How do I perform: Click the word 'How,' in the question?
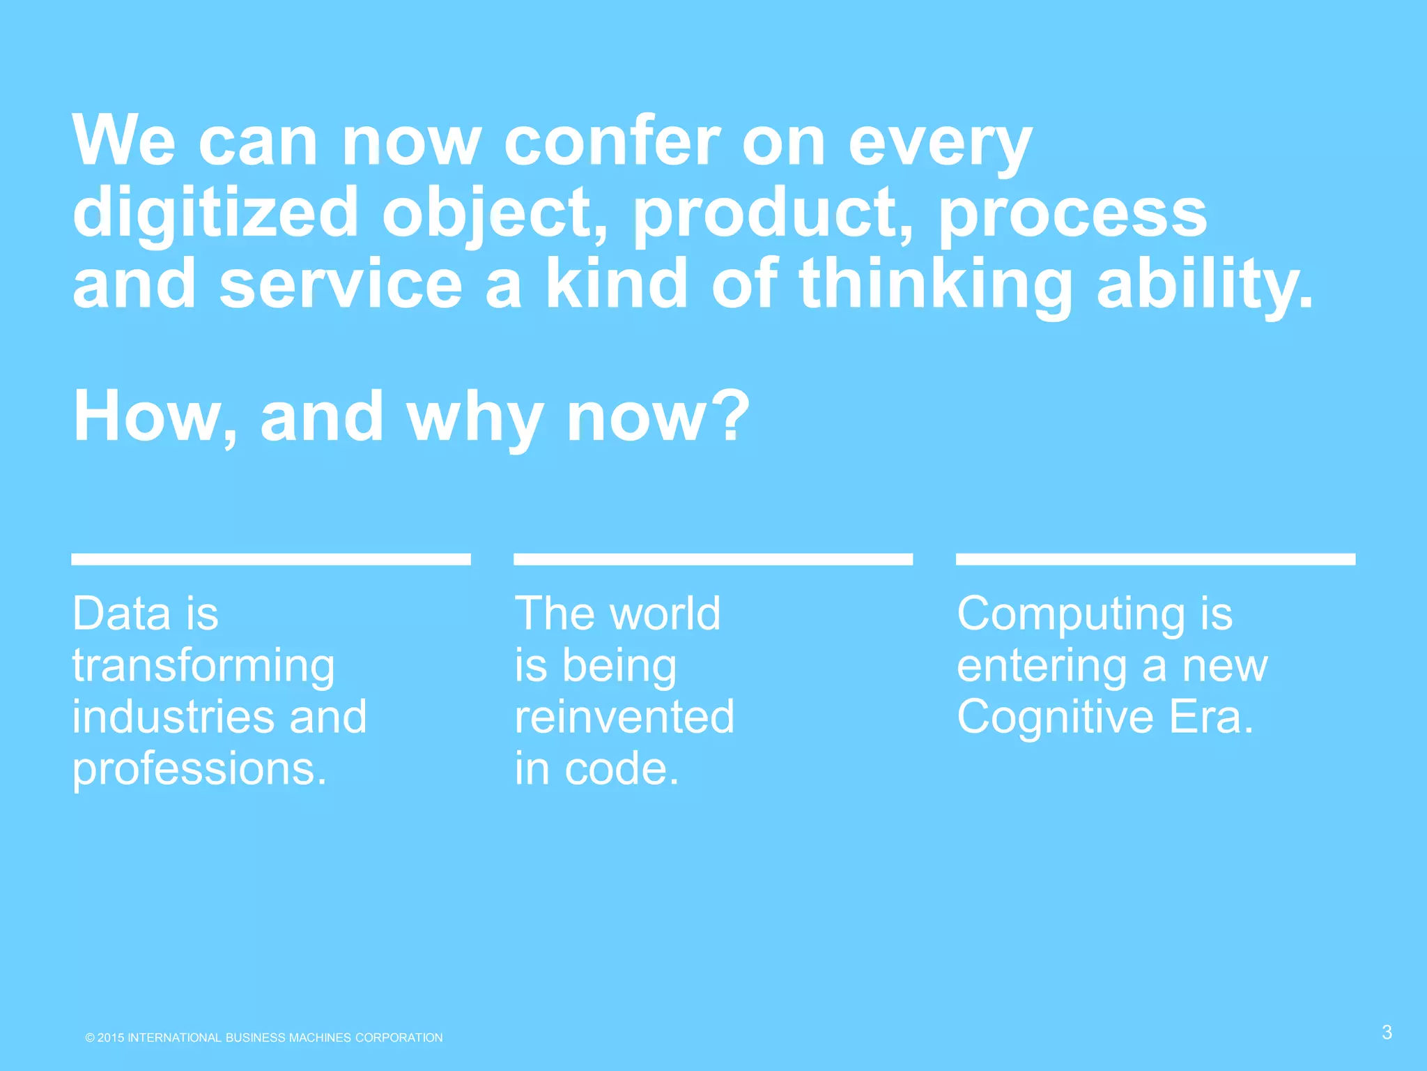(x=155, y=417)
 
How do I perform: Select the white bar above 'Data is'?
(x=271, y=559)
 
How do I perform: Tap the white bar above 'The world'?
(x=713, y=559)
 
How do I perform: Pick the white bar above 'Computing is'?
(x=1155, y=559)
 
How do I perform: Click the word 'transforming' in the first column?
(x=203, y=666)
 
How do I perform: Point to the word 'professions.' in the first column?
(x=199, y=769)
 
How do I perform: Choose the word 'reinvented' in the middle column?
(x=624, y=717)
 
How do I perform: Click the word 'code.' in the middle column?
(x=622, y=768)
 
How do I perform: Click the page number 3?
(x=1387, y=1033)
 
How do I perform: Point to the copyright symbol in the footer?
(x=90, y=1038)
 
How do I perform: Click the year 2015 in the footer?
(x=111, y=1038)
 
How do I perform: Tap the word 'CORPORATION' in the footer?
(x=399, y=1038)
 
